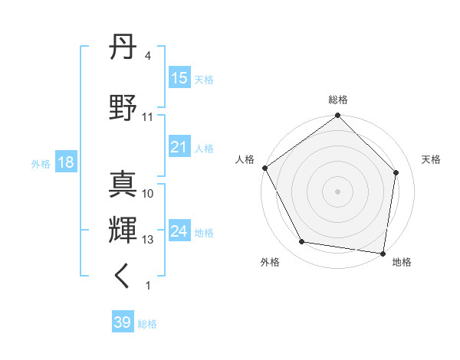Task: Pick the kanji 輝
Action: [123, 229]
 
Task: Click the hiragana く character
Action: [123, 276]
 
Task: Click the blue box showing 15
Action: [179, 78]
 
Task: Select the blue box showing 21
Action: [179, 147]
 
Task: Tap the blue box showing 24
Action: [179, 231]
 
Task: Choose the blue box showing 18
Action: [65, 162]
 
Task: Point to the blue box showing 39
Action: [123, 322]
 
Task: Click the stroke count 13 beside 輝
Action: [148, 240]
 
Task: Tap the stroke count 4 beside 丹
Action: [148, 56]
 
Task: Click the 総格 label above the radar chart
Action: [338, 100]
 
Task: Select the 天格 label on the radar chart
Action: [432, 159]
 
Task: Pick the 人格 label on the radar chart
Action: [245, 159]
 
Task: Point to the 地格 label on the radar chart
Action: [402, 262]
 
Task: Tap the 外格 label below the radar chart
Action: [270, 262]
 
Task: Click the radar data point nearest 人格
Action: [264, 168]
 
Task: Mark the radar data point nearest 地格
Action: [383, 253]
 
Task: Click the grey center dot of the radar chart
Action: [338, 191]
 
